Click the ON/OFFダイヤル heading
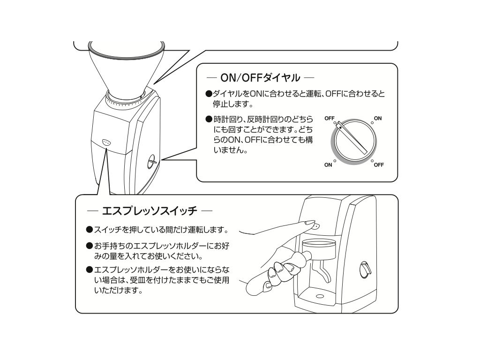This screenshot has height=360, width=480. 260,77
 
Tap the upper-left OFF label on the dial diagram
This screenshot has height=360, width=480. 329,119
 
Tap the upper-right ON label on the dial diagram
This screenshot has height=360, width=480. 377,119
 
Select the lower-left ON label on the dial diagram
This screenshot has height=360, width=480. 329,165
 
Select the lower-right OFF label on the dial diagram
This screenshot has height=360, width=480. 379,165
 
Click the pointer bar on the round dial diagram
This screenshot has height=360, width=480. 352,138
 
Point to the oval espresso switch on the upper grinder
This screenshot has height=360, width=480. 106,142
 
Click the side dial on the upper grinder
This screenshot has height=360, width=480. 151,161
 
